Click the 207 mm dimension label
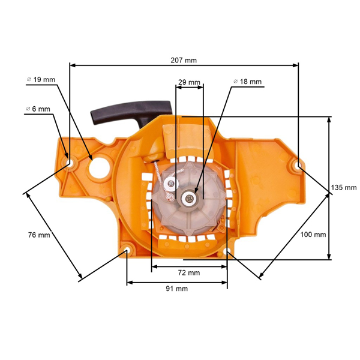pyautogui.click(x=184, y=60)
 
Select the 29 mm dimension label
pyautogui.click(x=189, y=82)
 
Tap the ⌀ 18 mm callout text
pyautogui.click(x=247, y=82)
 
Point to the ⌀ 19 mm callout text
pyautogui.click(x=41, y=80)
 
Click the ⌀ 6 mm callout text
pyautogui.click(x=38, y=109)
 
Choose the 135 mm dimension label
pyautogui.click(x=343, y=188)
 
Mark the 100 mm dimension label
pyautogui.click(x=313, y=234)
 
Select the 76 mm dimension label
pyautogui.click(x=39, y=235)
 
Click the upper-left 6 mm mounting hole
pyautogui.click(x=70, y=161)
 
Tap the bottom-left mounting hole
pyautogui.click(x=127, y=250)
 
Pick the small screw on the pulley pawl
pyautogui.click(x=172, y=182)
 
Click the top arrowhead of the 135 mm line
pyautogui.click(x=328, y=119)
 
